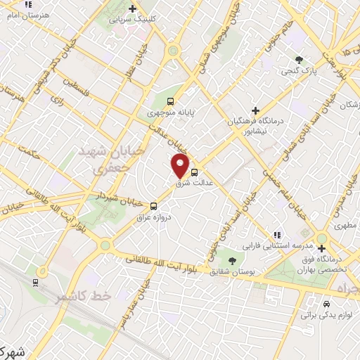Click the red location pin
(x=181, y=166)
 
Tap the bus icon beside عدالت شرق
(x=195, y=171)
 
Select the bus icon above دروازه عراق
(x=153, y=206)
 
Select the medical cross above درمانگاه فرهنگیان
(x=256, y=110)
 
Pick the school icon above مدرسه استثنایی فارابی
(x=276, y=235)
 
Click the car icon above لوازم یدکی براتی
(x=326, y=304)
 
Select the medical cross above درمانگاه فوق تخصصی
(x=321, y=248)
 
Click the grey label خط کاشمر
(x=84, y=296)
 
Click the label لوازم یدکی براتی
(x=326, y=314)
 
